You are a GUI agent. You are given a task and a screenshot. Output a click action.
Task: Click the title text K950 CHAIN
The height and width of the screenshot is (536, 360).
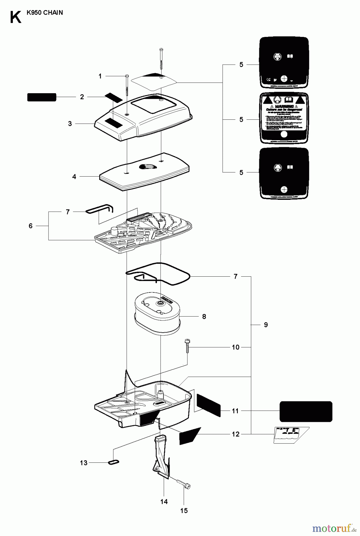pyautogui.click(x=44, y=13)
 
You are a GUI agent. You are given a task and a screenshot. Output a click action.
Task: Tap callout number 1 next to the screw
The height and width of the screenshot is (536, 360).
pyautogui.click(x=100, y=77)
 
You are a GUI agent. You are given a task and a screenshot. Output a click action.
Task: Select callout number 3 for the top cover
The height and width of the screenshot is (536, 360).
pyautogui.click(x=70, y=124)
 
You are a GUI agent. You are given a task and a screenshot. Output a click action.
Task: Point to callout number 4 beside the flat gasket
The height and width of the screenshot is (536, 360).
pyautogui.click(x=74, y=177)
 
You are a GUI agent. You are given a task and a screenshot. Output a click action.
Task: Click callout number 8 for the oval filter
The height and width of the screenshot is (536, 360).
pyautogui.click(x=204, y=317)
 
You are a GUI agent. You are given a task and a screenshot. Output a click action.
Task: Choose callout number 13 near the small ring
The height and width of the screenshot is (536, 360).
pyautogui.click(x=84, y=463)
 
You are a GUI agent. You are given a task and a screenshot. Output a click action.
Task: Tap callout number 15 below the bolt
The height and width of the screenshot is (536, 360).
pyautogui.click(x=184, y=511)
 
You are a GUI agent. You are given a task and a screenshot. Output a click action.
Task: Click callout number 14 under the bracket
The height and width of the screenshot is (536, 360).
pyautogui.click(x=164, y=502)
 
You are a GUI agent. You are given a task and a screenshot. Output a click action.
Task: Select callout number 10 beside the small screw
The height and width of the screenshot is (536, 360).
pyautogui.click(x=235, y=347)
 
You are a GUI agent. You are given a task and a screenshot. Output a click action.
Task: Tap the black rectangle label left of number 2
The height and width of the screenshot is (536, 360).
pyautogui.click(x=42, y=97)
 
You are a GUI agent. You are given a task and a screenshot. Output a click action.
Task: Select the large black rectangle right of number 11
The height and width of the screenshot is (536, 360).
pyautogui.click(x=306, y=411)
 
